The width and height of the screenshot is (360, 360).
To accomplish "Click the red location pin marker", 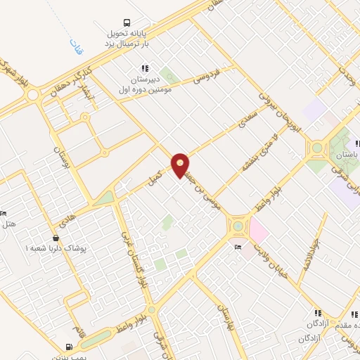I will pos(181,165).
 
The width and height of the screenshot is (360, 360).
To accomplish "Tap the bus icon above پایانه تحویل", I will pos(127,22).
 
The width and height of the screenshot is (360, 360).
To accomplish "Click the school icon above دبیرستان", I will pos(144,68).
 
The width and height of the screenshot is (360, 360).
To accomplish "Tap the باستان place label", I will pos(347,153).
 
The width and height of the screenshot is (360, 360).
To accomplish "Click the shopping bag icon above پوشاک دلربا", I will pos(56,238).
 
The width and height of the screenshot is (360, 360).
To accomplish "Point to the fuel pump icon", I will pos(68,346).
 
